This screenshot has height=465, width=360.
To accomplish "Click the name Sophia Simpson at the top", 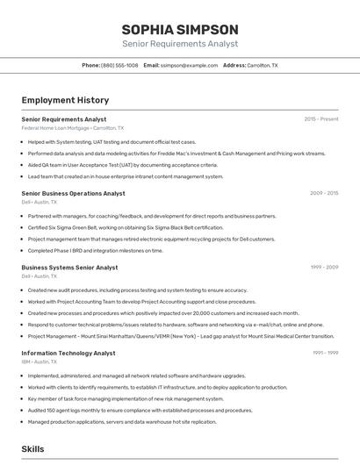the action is click(x=179, y=29).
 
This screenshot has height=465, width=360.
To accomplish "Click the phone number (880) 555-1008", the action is click(x=119, y=65).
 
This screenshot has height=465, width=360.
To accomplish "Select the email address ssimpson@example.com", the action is click(x=190, y=65).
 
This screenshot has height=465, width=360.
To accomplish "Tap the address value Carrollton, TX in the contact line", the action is click(x=263, y=65).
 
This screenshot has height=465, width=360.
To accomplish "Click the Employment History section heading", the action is click(x=65, y=100).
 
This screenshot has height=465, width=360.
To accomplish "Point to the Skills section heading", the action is click(x=33, y=448).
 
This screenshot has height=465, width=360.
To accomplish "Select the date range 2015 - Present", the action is click(x=321, y=118).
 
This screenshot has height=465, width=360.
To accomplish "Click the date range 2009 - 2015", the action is click(x=324, y=193).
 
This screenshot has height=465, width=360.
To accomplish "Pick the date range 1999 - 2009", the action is click(x=324, y=267).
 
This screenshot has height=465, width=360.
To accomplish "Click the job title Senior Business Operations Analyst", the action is click(x=73, y=193).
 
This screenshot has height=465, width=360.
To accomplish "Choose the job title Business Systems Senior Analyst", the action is click(x=69, y=267).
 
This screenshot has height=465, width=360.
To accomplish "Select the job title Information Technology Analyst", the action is click(x=68, y=353).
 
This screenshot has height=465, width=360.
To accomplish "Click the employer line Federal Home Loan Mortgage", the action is click(x=72, y=128).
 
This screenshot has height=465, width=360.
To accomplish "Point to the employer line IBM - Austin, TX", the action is click(x=40, y=361).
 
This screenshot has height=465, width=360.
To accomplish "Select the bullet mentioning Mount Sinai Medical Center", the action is click(x=180, y=335).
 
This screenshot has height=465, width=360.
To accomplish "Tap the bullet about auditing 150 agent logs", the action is click(x=140, y=410).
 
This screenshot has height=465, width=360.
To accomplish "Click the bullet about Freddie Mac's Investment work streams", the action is click(x=176, y=153).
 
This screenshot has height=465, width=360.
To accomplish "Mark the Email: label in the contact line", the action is click(x=151, y=65).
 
